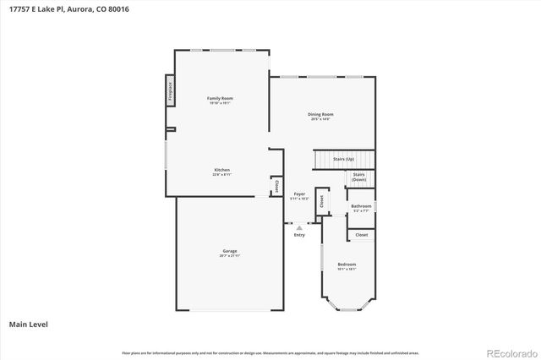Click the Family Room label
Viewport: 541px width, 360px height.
point(221,99)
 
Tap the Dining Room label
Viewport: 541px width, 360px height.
point(321,115)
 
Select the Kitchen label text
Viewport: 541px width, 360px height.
point(221,170)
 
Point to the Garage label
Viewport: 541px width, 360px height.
point(230,250)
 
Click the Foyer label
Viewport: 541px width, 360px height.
point(300,194)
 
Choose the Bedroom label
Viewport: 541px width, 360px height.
point(347,265)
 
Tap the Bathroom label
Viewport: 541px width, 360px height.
point(361,205)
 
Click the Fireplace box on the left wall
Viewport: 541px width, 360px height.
point(169,89)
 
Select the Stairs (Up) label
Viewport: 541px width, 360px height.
point(343,159)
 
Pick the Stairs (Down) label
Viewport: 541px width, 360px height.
point(359,177)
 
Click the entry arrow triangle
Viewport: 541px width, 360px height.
point(298,226)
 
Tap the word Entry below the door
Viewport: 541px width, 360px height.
point(299,235)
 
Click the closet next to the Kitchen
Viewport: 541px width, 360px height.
point(276,187)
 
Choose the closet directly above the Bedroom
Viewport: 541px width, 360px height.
point(361,235)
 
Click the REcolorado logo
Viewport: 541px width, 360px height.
point(509,352)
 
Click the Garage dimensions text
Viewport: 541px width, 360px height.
point(230,255)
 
